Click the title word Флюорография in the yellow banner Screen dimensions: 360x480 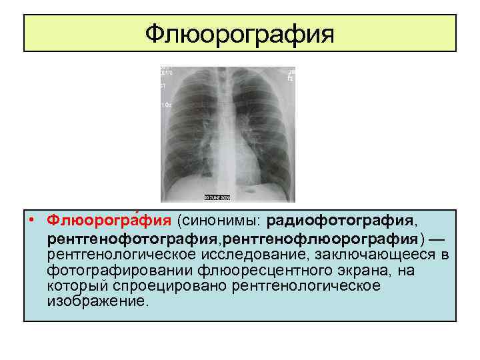point(240,33)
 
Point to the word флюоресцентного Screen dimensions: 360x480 point(267,271)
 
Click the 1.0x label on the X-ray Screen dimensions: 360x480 point(165,105)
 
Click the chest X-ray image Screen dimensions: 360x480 point(227,133)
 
